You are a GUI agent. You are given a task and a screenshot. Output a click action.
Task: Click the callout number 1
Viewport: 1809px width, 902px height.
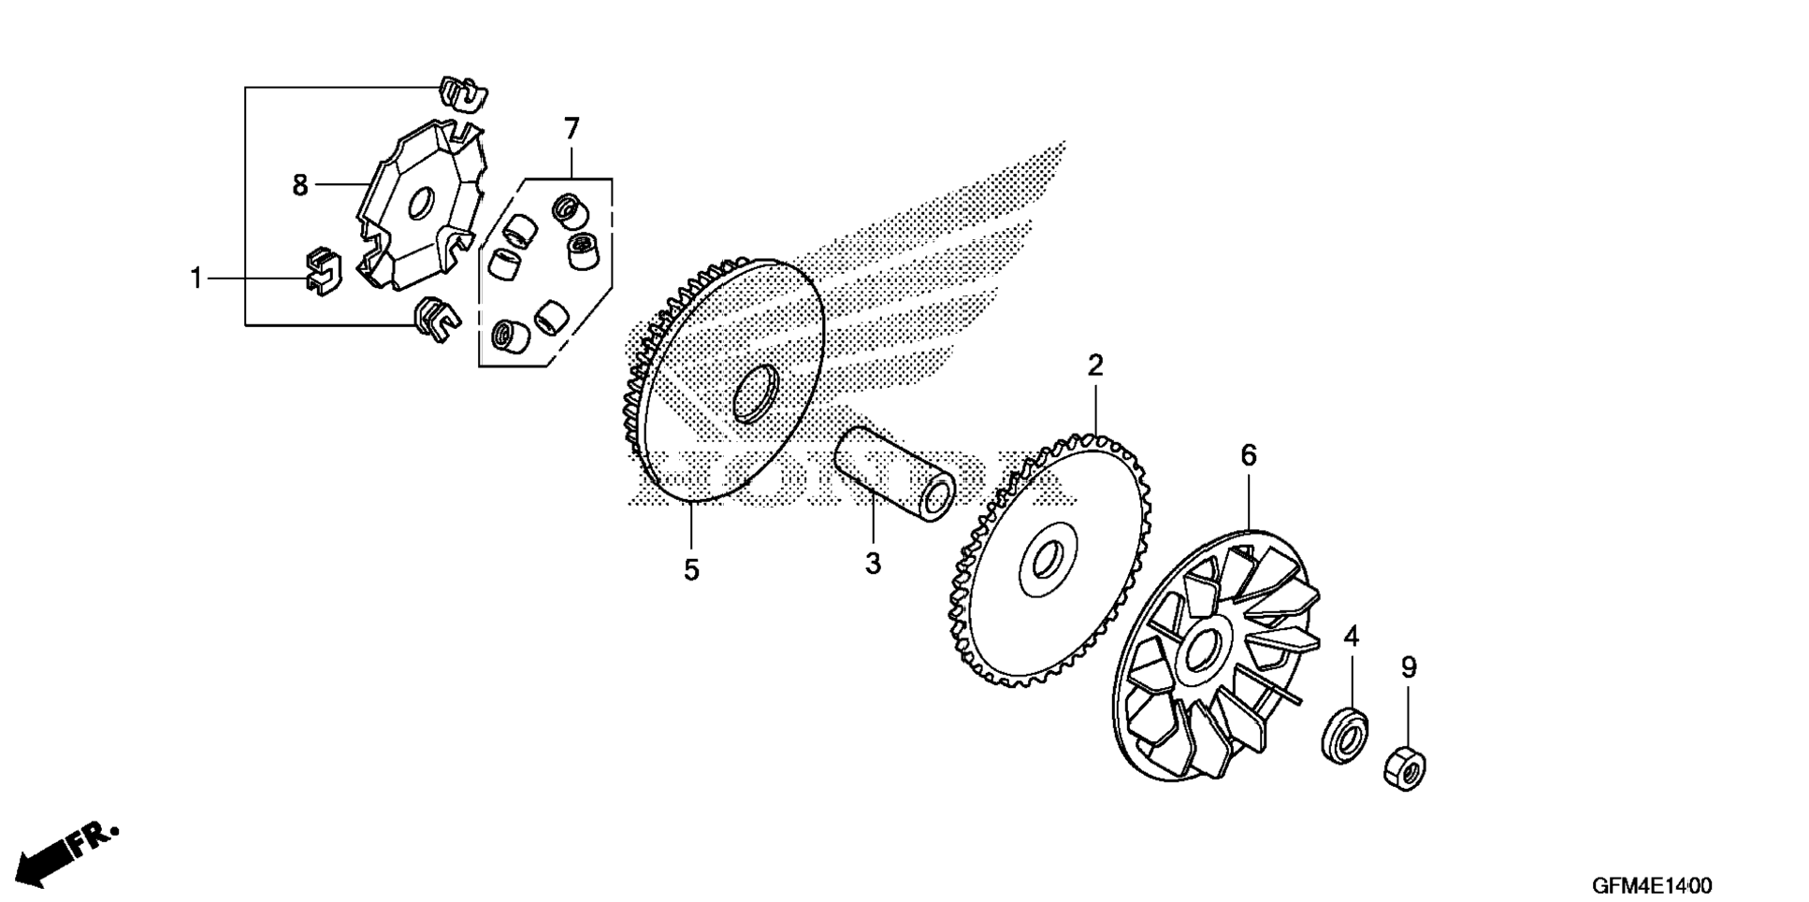196,279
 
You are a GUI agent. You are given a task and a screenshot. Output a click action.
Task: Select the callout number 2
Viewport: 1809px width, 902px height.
1095,365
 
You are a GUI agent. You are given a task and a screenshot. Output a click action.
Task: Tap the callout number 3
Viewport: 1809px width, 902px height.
873,565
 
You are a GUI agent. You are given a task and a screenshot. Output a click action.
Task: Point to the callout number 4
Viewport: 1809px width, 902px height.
1351,637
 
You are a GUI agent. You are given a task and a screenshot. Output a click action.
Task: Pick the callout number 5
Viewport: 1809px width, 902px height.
691,570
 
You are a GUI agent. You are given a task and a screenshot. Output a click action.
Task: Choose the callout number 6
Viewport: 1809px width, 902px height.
1249,456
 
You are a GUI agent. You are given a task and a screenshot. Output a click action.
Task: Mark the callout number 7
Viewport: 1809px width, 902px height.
572,128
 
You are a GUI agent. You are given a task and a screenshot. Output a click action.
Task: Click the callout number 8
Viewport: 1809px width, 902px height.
300,186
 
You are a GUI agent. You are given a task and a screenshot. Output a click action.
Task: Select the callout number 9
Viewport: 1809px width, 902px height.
1409,667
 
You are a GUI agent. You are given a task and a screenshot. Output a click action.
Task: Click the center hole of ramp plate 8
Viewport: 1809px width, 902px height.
421,204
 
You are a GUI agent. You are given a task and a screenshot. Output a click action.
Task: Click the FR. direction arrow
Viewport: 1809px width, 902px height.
65,851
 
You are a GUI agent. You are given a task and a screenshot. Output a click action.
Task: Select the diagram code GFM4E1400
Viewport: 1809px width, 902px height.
1652,884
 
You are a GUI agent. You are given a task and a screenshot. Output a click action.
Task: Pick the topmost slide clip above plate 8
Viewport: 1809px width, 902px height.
462,93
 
